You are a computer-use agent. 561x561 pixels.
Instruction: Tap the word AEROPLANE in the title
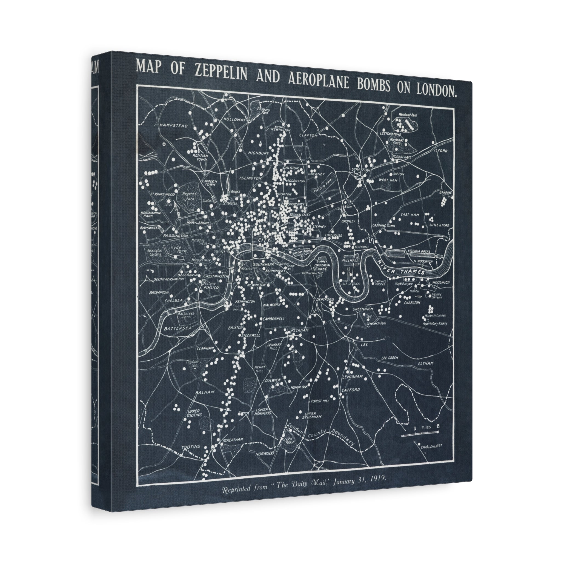point(318,81)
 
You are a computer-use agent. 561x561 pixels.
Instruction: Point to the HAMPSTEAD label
point(174,126)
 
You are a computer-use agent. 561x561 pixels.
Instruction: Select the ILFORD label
point(441,151)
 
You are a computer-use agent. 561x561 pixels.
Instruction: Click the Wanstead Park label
point(408,115)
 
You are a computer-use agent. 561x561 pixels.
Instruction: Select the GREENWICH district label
point(363,310)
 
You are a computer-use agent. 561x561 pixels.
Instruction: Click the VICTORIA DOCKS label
point(420,251)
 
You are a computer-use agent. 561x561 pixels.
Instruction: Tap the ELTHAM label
point(426,363)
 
